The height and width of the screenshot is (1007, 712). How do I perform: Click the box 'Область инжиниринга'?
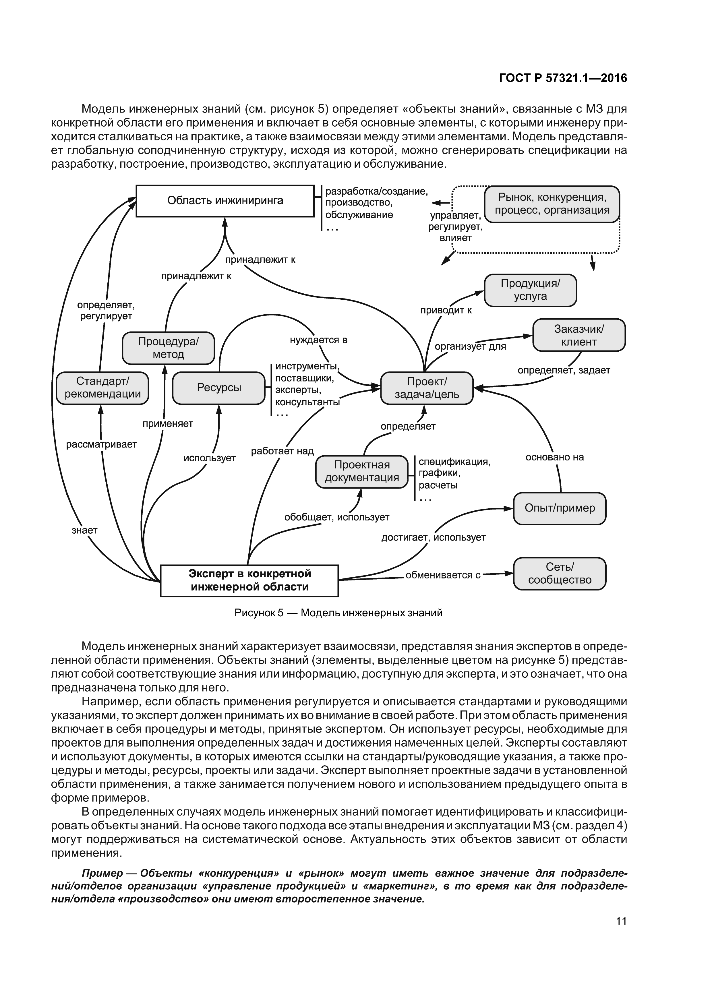click(225, 201)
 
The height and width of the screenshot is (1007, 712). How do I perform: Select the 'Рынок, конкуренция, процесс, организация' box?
click(552, 204)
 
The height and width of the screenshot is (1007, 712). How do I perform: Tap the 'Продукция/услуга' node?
click(530, 290)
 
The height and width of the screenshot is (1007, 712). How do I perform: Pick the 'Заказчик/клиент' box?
click(578, 335)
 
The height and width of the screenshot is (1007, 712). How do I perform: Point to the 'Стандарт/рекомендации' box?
click(102, 388)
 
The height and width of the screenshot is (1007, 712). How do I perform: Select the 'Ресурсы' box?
click(219, 388)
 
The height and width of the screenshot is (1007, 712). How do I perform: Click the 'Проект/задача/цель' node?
click(426, 388)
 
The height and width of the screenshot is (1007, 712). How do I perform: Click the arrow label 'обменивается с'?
click(443, 575)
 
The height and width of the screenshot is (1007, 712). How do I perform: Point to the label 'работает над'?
click(282, 451)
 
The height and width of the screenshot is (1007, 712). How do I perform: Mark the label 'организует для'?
click(470, 346)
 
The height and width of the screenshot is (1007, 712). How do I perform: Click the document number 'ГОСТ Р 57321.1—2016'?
click(563, 78)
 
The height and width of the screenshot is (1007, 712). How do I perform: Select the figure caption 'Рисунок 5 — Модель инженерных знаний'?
click(338, 613)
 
